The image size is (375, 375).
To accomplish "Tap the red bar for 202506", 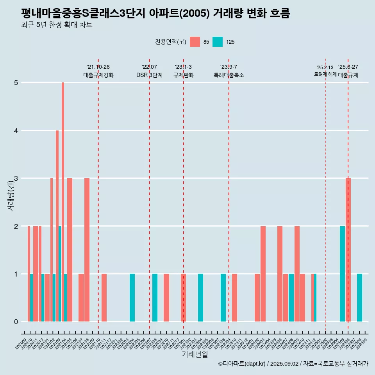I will coord(348,250).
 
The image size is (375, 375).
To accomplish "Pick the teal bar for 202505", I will coord(342,273).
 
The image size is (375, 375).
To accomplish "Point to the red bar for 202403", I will coord(263,273).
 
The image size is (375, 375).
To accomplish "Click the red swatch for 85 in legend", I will coord(195,42).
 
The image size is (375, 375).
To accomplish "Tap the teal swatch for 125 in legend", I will coord(218,42).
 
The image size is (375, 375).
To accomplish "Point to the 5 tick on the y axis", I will coord(16,83).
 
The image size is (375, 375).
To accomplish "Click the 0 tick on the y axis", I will coord(16,322).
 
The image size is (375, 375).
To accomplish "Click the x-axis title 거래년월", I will coord(195,354).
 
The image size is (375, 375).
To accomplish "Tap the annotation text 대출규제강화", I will coord(98,75).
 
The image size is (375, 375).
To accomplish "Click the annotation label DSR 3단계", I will coord(149,75).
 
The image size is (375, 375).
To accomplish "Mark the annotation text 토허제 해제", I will coord(325,74).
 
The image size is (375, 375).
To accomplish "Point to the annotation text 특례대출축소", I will coord(229,75).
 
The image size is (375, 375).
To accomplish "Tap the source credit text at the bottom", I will coord(293,364).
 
